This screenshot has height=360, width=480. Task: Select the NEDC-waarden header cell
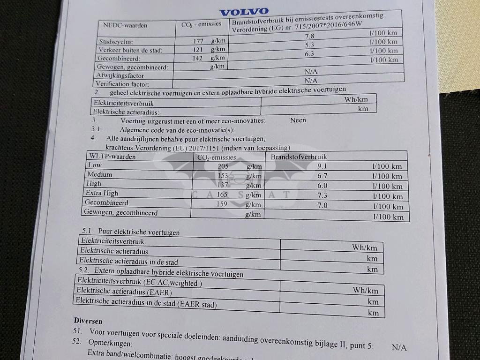coord(125,25)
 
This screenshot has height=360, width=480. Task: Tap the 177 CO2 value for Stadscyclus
coord(198,41)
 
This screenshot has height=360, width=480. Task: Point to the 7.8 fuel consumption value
coord(310,36)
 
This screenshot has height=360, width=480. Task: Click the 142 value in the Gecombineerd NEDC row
coord(197,58)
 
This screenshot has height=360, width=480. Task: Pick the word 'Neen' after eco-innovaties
coord(298,120)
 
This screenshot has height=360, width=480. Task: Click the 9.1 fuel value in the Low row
coord(322,166)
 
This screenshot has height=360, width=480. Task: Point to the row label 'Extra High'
coord(102,193)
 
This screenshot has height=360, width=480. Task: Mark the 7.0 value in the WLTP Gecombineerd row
coord(322,205)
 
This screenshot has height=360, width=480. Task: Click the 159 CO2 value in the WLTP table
coord(222,204)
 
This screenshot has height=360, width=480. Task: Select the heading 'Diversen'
coord(88,321)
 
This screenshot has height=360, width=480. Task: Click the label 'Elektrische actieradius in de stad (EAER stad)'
coord(146,302)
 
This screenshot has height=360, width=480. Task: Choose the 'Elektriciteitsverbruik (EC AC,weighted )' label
coord(140,282)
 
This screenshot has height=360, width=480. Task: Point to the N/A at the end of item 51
coord(399,347)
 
